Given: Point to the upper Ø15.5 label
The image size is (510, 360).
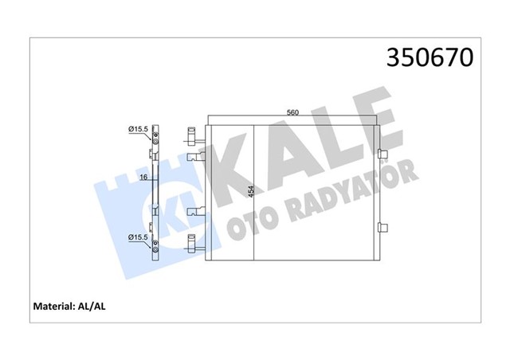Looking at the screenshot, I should (136, 127).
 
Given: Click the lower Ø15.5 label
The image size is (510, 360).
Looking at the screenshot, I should (136, 237).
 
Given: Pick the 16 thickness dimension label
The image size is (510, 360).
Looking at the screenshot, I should (142, 177).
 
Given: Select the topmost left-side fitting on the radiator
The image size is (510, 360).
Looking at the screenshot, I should (192, 134).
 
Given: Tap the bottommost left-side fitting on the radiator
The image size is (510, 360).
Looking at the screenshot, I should (192, 244).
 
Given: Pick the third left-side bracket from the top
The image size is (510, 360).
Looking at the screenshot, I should (192, 213).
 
